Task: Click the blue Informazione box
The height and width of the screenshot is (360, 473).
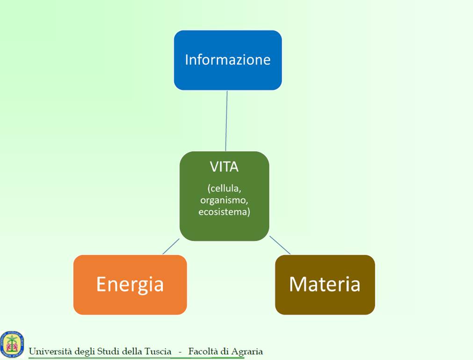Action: pos(228,60)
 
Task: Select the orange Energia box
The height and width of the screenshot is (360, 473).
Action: pos(130,285)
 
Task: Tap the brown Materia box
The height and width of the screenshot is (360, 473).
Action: pos(325,285)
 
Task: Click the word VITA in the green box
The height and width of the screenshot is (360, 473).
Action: pos(224,167)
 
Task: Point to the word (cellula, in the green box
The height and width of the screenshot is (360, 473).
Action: pos(225,188)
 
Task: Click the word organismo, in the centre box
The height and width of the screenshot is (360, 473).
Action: pos(224,200)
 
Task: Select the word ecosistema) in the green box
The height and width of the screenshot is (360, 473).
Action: pos(224,212)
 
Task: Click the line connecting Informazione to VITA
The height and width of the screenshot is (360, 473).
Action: pos(226,121)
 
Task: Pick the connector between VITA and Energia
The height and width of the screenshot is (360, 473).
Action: pos(171,246)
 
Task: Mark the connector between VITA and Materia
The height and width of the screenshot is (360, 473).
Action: pos(280,245)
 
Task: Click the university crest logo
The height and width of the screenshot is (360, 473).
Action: pos(12,343)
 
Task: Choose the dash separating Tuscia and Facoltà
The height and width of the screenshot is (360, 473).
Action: pos(180,352)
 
